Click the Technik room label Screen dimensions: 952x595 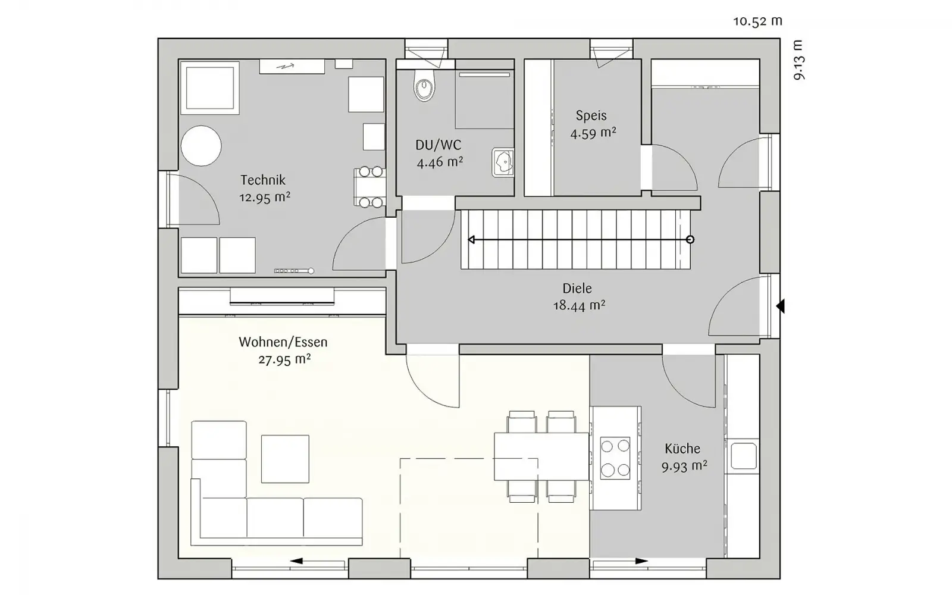tap(263, 180)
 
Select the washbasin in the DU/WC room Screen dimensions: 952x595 tap(503, 162)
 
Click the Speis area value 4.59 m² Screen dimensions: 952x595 tap(593, 133)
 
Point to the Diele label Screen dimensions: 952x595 tap(577, 288)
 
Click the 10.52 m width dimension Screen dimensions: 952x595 tap(757, 21)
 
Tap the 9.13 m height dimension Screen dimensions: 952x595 tap(799, 60)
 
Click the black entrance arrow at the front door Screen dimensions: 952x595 tap(780, 306)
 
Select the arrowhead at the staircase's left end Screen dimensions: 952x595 tap(471, 240)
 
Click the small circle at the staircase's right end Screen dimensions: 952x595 tap(690, 240)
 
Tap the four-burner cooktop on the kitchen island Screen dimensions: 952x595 tap(615, 458)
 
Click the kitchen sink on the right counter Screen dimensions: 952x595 tap(743, 456)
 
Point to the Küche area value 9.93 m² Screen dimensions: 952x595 tap(684, 466)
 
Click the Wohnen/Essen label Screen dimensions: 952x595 tap(283, 342)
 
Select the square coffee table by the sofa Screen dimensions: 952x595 tap(285, 459)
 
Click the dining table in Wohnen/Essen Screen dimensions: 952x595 tap(541, 456)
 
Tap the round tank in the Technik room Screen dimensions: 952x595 tap(201, 146)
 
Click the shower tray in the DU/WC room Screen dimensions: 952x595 tap(484, 99)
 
